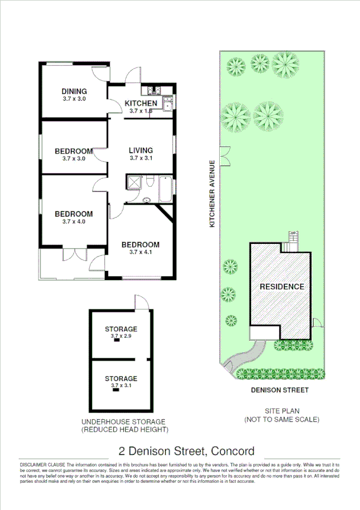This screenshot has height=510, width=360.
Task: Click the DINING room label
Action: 74,92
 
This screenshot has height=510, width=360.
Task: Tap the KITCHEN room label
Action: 141,104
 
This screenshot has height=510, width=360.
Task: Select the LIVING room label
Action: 141,151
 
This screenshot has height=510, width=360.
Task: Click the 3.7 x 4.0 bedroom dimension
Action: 74,222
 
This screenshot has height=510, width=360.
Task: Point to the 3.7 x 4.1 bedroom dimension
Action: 141,252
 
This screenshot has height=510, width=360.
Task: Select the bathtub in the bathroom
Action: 163,189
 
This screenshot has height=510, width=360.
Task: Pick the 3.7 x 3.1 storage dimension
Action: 121,386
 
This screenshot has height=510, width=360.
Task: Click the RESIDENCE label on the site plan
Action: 282,287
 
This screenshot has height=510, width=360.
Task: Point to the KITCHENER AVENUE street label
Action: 212,194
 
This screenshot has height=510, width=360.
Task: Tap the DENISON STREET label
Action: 280,390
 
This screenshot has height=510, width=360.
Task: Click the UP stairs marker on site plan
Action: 294,233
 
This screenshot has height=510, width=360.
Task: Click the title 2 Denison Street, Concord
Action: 187,451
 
